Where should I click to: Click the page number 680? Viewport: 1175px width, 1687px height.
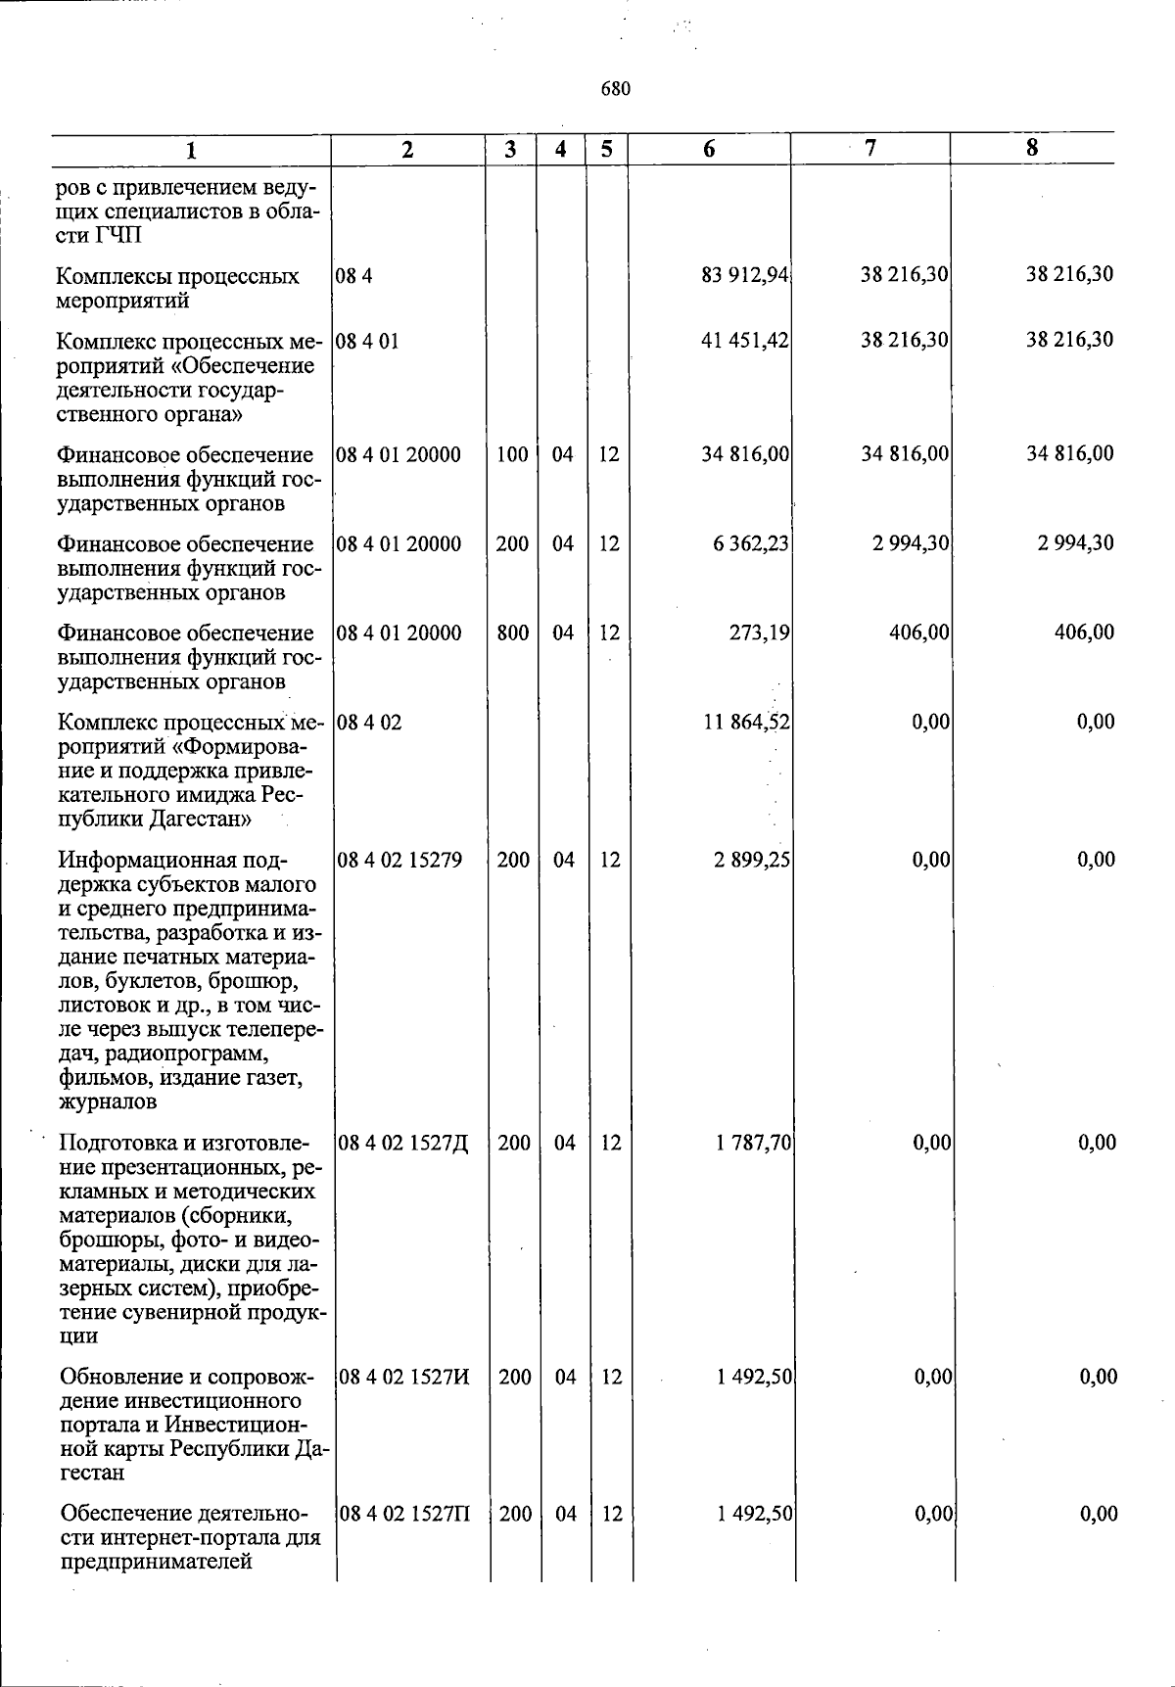tap(615, 89)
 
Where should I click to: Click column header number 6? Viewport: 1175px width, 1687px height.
tap(709, 149)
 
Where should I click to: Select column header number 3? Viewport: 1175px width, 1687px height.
tap(510, 150)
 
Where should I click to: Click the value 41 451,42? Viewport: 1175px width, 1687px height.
tap(745, 341)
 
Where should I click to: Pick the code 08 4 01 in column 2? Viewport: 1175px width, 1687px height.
tap(367, 342)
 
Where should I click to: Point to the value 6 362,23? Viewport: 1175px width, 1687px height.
tap(751, 543)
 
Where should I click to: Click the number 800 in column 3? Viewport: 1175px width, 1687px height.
tap(512, 633)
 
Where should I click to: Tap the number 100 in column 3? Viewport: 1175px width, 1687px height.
tap(512, 454)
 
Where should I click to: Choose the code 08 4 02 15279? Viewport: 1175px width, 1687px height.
tap(399, 860)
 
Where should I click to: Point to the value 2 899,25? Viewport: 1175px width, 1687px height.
tap(752, 860)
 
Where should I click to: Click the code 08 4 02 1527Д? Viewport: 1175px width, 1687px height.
tap(402, 1143)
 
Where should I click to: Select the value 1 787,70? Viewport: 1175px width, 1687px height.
tap(753, 1143)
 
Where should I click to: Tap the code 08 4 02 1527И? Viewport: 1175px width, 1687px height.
tap(403, 1377)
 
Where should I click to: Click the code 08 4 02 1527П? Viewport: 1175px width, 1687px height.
tap(403, 1514)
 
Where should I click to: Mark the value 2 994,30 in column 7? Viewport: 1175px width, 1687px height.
tap(911, 543)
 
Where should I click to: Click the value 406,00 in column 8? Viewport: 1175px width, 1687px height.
tap(1084, 633)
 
